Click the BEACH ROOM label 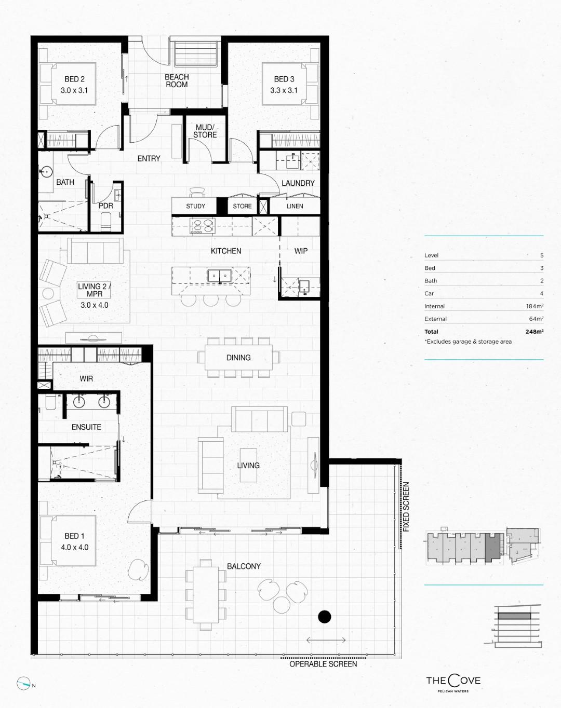pos(177,81)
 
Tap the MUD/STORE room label pos(205,131)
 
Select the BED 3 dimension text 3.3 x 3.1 pos(284,90)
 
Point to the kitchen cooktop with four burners pos(203,226)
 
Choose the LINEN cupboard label pos(295,206)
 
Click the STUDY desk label pos(195,206)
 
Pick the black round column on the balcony pos(325,617)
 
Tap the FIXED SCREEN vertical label pos(406,507)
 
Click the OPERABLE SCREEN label pos(323,664)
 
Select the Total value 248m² pos(535,332)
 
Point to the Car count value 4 pos(542,293)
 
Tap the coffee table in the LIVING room pos(248,465)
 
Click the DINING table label pos(238,358)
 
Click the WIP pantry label pos(301,251)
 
